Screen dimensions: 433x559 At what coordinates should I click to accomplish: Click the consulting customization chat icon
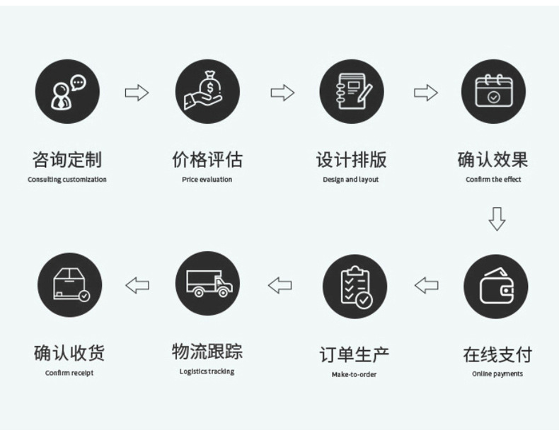tap(68, 92)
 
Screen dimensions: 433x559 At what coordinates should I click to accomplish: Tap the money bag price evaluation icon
tap(207, 92)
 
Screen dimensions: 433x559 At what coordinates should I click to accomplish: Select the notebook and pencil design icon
tap(351, 92)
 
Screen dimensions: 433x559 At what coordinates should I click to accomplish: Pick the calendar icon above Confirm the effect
tap(493, 92)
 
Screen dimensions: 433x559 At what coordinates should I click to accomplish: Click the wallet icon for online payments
tap(495, 287)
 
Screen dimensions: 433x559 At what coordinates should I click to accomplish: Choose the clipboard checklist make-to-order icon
tap(355, 287)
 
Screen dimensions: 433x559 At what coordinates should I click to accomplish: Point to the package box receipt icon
tap(69, 285)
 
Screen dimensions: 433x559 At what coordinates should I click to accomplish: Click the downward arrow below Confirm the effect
tap(497, 219)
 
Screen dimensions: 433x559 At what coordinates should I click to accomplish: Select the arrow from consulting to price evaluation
tap(137, 93)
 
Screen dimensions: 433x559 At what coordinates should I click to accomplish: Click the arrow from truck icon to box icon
tap(137, 285)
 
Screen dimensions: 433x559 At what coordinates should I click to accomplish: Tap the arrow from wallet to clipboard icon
tap(426, 285)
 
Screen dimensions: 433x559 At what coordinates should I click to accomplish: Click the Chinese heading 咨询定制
tap(67, 160)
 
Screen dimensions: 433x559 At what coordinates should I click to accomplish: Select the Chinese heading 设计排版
tap(351, 160)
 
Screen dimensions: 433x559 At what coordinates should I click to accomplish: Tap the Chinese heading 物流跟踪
tap(207, 351)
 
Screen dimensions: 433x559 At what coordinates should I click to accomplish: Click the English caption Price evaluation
tap(207, 180)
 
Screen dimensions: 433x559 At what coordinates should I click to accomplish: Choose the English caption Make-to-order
tap(354, 374)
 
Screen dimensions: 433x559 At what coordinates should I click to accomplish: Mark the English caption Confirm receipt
tap(69, 373)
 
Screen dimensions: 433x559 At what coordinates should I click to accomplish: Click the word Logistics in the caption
tap(192, 371)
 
